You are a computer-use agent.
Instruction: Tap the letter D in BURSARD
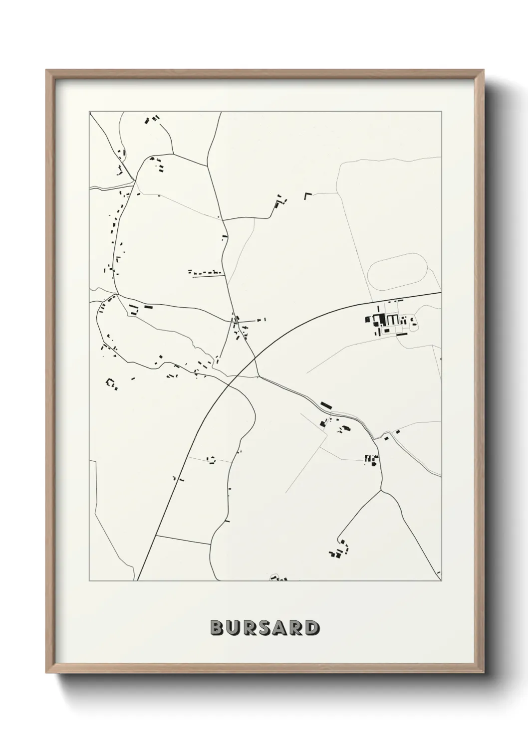coord(311,628)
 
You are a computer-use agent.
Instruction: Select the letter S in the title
coord(264,628)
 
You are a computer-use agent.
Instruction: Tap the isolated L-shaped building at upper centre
coord(307,195)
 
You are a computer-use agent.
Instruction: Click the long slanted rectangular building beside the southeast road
coord(326,404)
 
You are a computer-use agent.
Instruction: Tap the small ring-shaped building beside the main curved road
coord(211,460)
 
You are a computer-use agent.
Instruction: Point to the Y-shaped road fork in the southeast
coord(381,491)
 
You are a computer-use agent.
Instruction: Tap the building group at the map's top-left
coord(152,120)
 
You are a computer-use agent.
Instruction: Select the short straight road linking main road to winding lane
coord(182,540)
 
